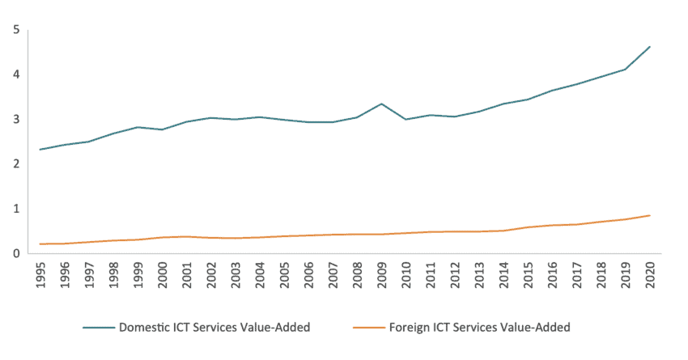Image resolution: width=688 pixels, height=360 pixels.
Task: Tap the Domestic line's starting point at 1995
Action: (x=40, y=150)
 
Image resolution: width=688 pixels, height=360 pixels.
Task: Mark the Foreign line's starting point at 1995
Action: (x=40, y=244)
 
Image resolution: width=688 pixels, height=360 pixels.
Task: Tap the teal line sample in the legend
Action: (x=98, y=328)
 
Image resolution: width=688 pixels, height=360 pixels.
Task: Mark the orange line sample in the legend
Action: (x=369, y=328)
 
